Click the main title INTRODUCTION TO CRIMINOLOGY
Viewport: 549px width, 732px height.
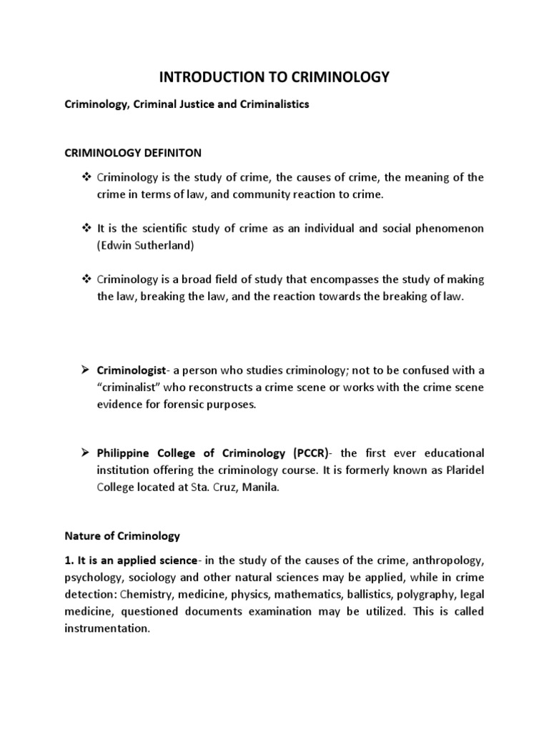[x=274, y=78]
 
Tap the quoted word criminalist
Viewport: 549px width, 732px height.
[x=134, y=387]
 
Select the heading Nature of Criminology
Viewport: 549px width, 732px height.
[x=123, y=535]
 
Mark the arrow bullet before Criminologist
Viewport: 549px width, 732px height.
[x=84, y=370]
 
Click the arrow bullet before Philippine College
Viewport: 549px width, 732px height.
[x=84, y=453]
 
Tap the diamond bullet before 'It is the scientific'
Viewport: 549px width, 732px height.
[x=84, y=228]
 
